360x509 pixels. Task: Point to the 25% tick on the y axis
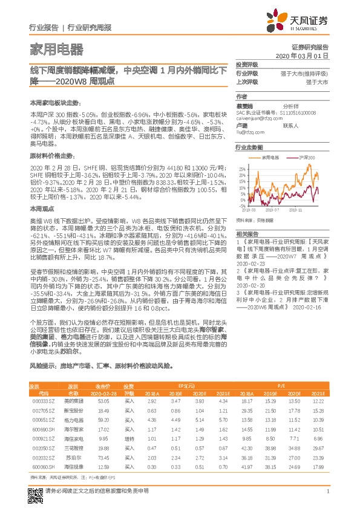click(241, 169)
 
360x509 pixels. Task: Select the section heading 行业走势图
click(250, 148)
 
